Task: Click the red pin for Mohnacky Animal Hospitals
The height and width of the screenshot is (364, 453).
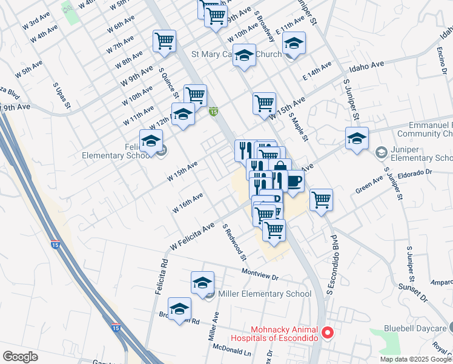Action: click(x=328, y=332)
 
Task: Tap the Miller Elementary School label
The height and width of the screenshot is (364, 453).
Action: click(x=265, y=294)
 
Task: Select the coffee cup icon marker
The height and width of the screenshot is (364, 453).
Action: click(x=294, y=181)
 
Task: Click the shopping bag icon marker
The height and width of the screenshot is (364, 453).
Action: click(x=280, y=168)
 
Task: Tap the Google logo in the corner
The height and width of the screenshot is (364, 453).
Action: click(x=20, y=357)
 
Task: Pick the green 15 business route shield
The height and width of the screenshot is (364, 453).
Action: click(x=213, y=112)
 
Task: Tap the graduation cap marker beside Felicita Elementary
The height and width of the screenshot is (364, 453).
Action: click(x=151, y=141)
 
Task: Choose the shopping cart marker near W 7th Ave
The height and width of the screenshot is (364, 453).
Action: click(x=164, y=41)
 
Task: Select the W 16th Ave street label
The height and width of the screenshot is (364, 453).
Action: click(x=187, y=200)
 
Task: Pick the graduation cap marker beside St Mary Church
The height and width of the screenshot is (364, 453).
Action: click(x=244, y=56)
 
